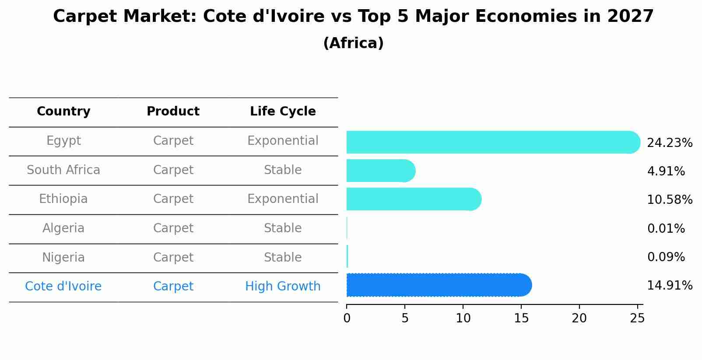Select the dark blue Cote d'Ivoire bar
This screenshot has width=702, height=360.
tap(438, 285)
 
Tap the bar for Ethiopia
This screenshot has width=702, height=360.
tap(411, 199)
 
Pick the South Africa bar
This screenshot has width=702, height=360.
tap(379, 171)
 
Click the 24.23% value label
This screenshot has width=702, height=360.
tap(669, 143)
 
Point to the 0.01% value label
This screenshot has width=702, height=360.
tap(666, 228)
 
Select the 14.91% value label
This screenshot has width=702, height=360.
tap(669, 286)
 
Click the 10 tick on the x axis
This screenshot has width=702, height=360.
tap(463, 318)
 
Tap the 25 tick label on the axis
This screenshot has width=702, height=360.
tap(637, 318)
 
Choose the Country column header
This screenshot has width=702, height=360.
tap(63, 112)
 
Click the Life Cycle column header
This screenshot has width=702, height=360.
tap(283, 112)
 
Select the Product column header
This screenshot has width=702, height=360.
tap(173, 112)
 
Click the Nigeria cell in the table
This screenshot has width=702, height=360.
tap(63, 257)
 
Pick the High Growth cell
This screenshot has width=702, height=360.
tap(283, 287)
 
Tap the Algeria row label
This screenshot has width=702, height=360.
tap(63, 228)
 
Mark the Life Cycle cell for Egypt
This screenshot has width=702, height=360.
tap(283, 141)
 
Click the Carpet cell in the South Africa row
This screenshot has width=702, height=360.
tap(173, 170)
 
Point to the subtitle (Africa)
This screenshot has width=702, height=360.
tap(353, 43)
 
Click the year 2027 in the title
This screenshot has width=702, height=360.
tap(630, 17)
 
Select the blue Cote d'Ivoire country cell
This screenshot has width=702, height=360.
tap(63, 287)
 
